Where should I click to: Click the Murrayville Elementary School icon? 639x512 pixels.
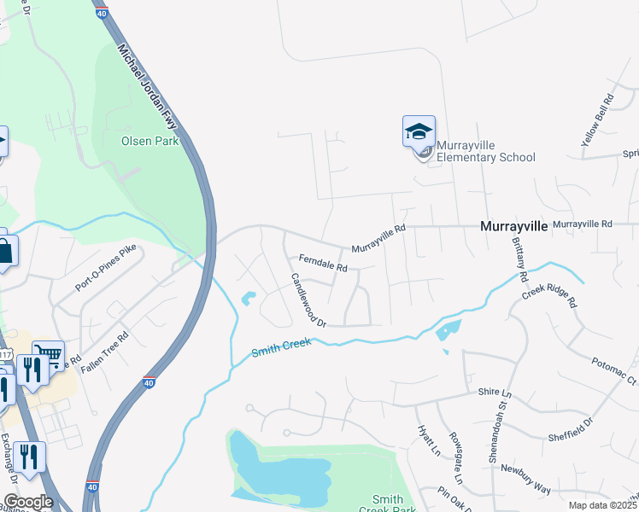point(419,133)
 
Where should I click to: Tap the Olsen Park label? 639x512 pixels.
point(150,141)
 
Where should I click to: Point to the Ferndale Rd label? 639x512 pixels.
point(322,263)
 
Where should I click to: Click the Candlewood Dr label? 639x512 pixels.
point(308,300)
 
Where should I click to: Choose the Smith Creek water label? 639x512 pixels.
point(280,348)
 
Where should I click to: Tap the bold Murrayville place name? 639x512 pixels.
point(513,226)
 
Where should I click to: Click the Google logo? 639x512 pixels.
point(28,502)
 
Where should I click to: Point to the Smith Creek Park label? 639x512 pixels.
point(393,503)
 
